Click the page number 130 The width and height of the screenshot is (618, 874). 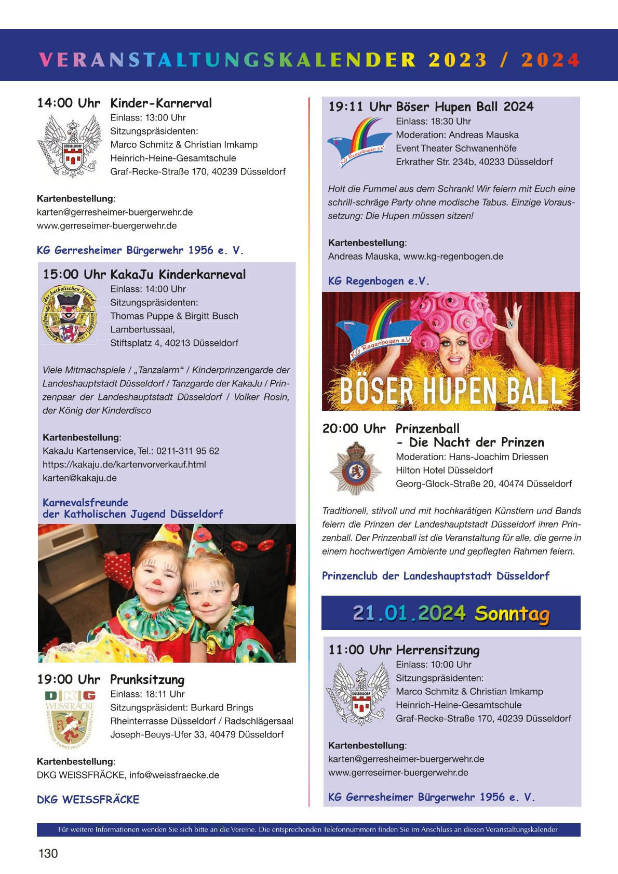click(x=48, y=853)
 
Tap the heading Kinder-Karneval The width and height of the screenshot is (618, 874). click(x=161, y=103)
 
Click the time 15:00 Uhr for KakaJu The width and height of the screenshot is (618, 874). click(x=74, y=274)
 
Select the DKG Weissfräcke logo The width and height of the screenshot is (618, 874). click(x=70, y=718)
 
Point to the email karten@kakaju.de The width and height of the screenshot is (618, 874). click(x=79, y=478)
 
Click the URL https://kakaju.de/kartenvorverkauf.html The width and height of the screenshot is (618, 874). click(x=124, y=464)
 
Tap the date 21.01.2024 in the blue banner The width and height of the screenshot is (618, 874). click(x=409, y=613)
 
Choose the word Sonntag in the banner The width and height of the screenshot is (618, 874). click(x=512, y=613)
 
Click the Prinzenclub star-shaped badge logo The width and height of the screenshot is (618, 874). click(x=356, y=468)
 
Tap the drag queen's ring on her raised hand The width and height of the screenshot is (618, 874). click(x=511, y=323)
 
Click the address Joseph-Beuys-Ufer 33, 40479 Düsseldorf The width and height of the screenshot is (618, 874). click(x=197, y=734)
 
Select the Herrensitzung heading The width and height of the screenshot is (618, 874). click(x=437, y=650)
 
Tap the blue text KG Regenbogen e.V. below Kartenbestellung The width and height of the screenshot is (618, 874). click(x=379, y=281)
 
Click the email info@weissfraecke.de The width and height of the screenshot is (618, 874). click(x=174, y=775)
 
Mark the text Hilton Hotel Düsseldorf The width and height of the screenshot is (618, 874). click(x=444, y=470)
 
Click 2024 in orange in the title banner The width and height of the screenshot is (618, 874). click(x=550, y=60)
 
